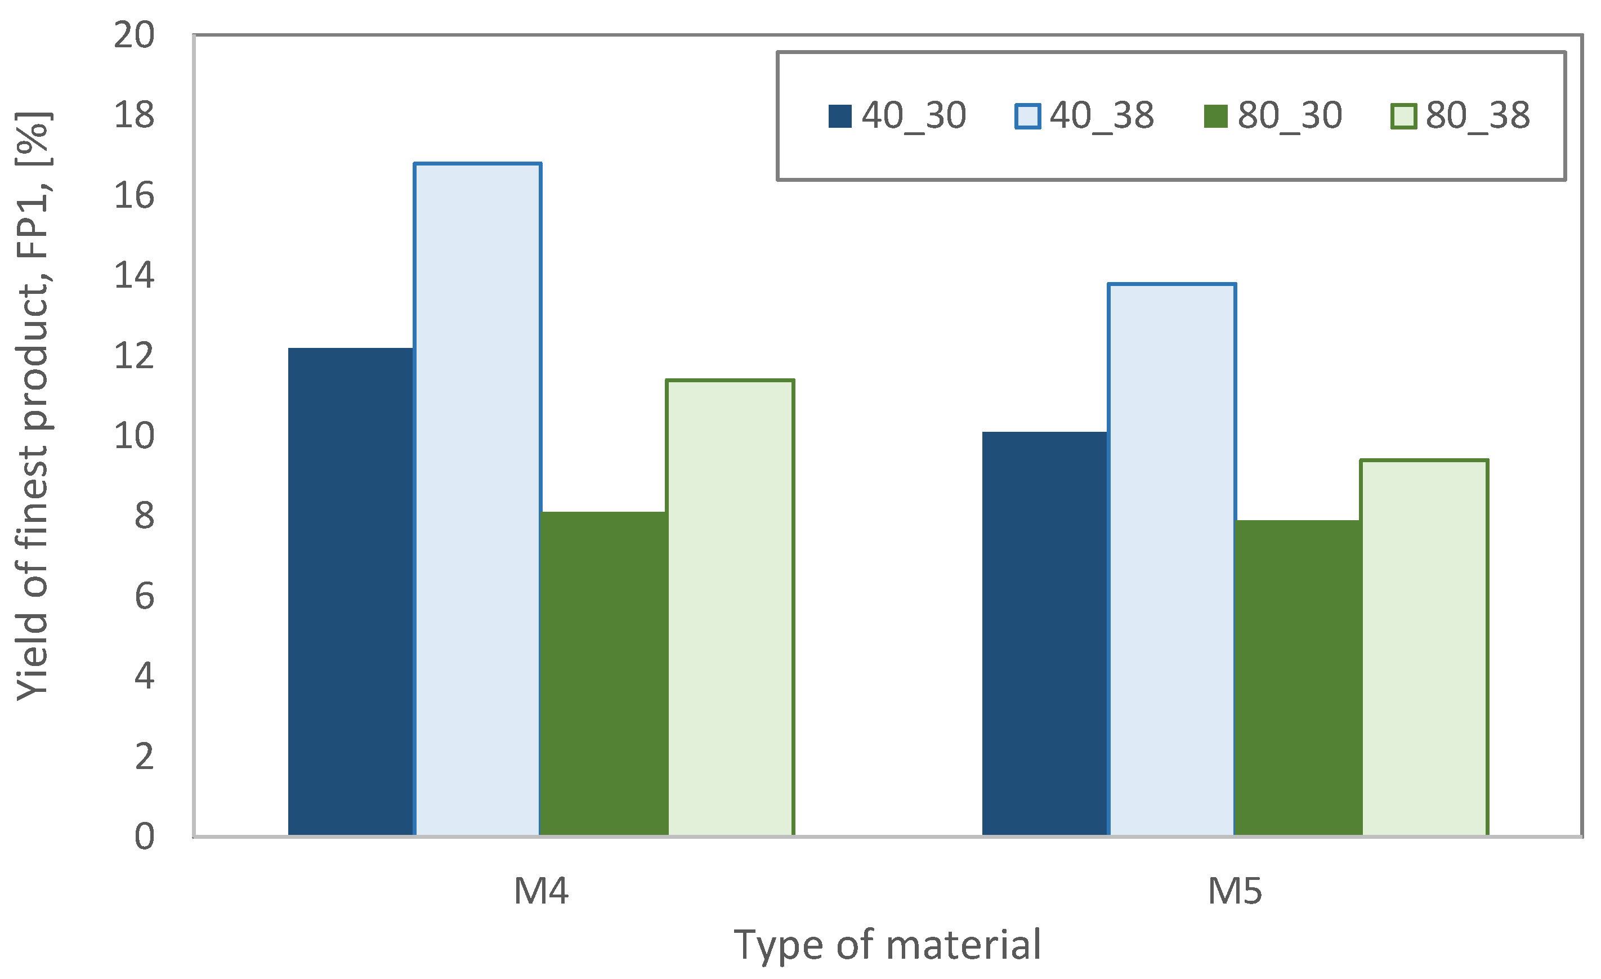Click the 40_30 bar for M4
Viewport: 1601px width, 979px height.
(350, 592)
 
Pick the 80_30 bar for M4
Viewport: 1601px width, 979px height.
(603, 674)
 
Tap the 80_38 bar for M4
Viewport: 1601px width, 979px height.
(730, 607)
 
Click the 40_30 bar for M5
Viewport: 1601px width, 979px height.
(1044, 633)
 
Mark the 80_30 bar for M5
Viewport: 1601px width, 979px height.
(1298, 678)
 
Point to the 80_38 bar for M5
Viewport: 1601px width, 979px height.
(1424, 647)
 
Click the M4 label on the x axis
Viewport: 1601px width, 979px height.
(540, 891)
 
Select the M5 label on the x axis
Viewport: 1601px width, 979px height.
(1235, 891)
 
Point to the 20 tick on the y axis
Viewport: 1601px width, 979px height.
(135, 35)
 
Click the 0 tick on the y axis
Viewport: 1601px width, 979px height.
(144, 837)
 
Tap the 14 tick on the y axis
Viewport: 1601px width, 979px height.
(135, 275)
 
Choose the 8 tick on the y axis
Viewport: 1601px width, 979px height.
(144, 516)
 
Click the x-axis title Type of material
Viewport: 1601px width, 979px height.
(888, 945)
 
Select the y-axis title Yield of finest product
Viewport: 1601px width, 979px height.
(34, 406)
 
